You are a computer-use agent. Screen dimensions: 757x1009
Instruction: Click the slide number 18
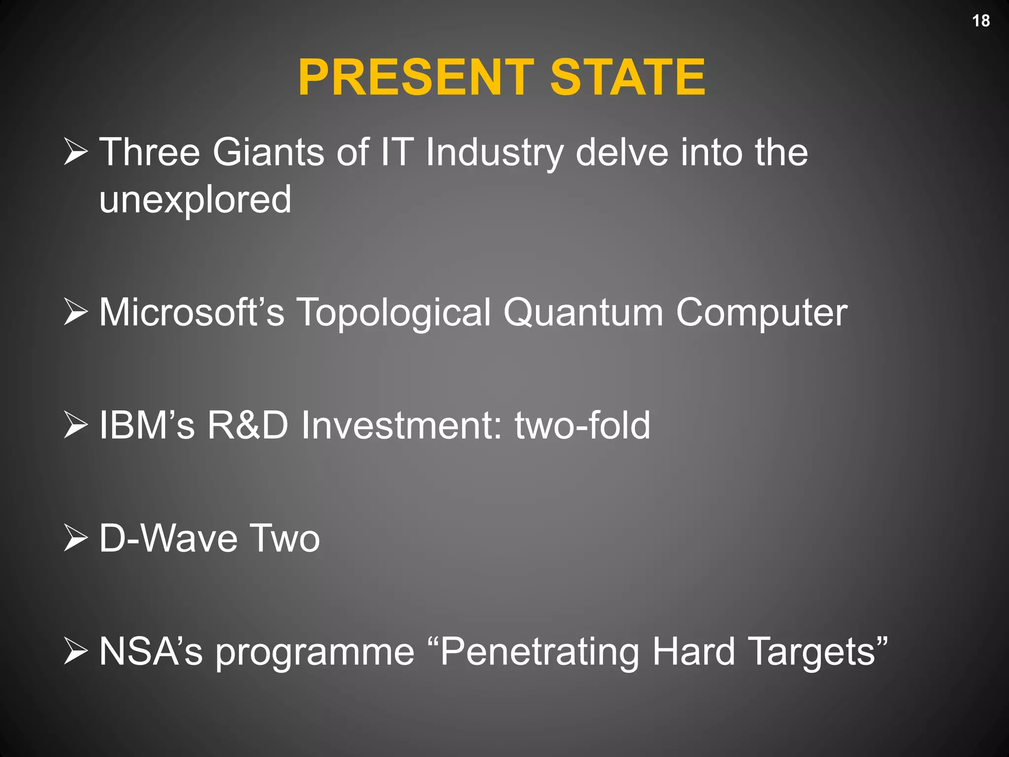coord(980,21)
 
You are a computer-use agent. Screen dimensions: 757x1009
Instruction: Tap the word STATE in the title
coord(628,77)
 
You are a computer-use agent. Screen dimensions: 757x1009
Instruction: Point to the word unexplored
coord(196,200)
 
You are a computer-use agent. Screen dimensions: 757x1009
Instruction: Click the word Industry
coord(494,153)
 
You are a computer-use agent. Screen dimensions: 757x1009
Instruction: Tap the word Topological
coord(394,313)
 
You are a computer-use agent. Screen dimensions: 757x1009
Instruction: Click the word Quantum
coord(583,312)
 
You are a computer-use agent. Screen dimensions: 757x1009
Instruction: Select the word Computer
coord(762,313)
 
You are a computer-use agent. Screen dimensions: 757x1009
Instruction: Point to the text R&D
coord(247,425)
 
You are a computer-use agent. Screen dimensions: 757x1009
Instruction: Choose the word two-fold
coord(582,425)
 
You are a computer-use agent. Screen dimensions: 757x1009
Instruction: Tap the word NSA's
coord(151,651)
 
